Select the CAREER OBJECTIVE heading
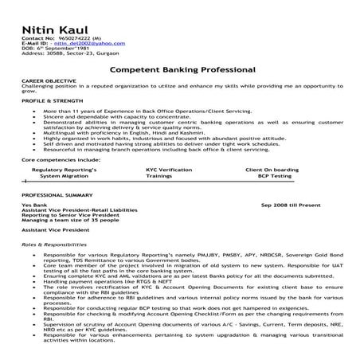click(x=48, y=82)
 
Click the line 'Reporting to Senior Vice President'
click(x=65, y=216)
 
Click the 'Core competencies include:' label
click(x=56, y=159)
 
